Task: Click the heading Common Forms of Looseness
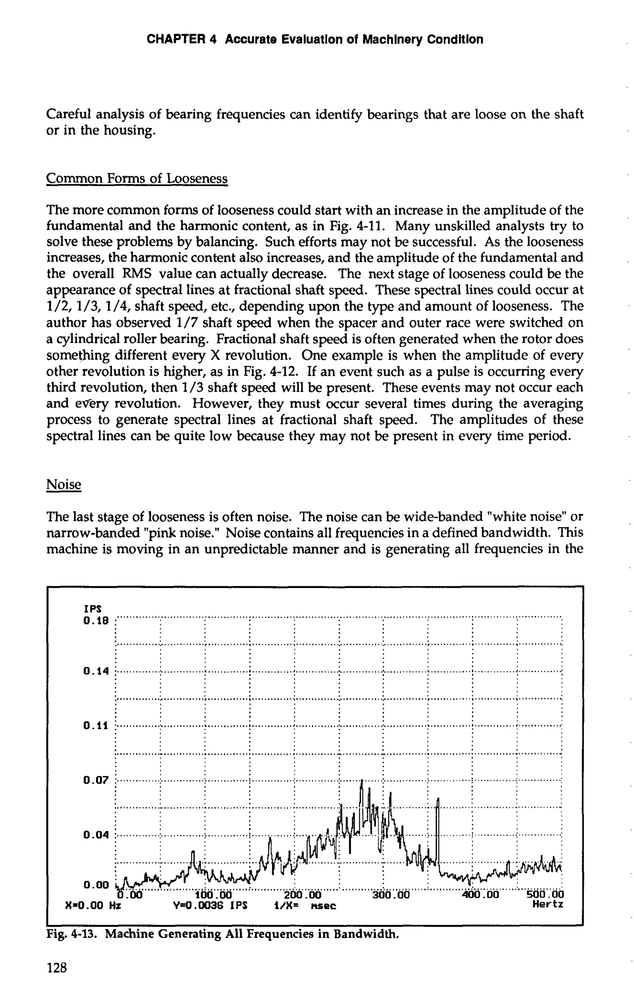137,178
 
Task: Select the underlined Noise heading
63,484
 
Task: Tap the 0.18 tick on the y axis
96,620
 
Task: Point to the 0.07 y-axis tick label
96,780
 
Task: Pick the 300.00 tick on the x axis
391,895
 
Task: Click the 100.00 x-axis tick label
213,895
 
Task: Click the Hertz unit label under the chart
548,904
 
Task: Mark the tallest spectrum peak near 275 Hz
362,781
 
